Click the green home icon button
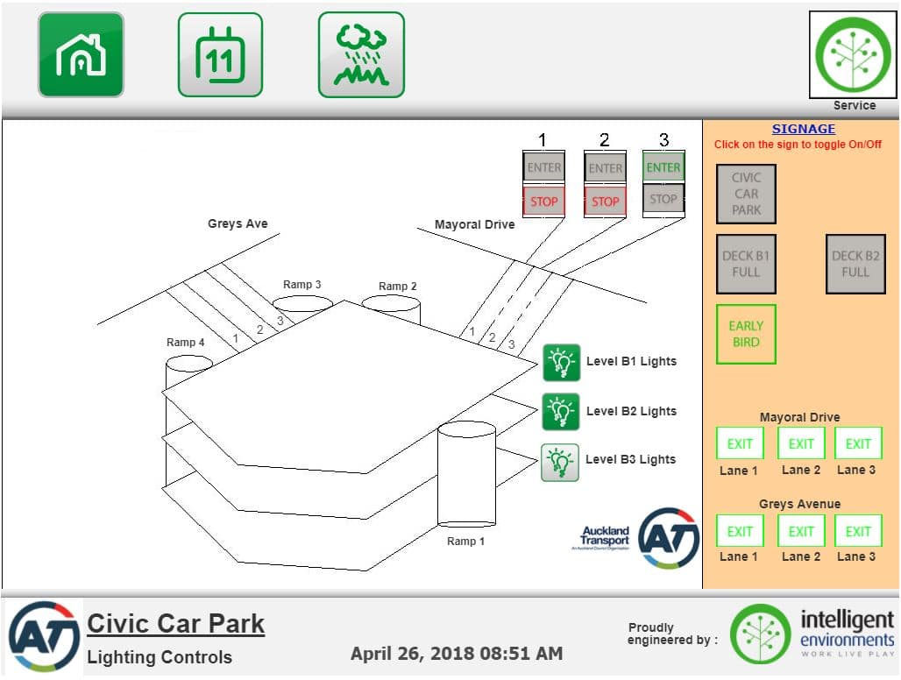point(81,54)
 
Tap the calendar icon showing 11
point(220,54)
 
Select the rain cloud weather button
point(361,54)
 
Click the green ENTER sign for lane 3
point(663,166)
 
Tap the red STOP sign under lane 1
point(543,201)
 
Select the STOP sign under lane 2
point(605,201)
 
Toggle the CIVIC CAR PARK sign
point(746,194)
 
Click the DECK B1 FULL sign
point(746,264)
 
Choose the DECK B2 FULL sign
point(855,264)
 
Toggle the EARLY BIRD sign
point(746,334)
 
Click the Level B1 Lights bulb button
point(561,362)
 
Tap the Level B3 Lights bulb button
point(561,462)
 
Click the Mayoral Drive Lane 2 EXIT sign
point(801,443)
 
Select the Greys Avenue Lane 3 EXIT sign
point(857,531)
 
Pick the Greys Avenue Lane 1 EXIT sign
point(740,531)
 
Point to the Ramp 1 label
point(465,542)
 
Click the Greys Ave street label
point(238,224)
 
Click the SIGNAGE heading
point(803,129)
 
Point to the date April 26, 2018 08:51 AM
point(457,653)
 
